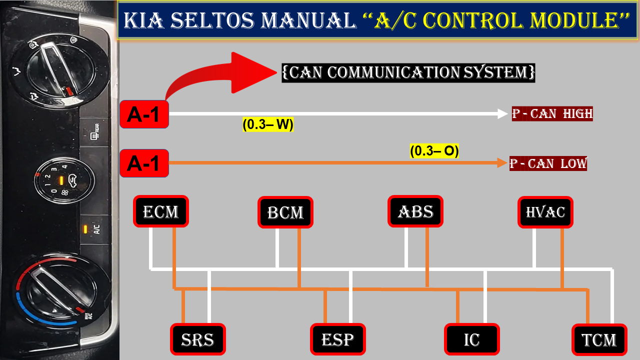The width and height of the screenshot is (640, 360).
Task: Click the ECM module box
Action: pyautogui.click(x=161, y=211)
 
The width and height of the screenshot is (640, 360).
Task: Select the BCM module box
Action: pyautogui.click(x=285, y=212)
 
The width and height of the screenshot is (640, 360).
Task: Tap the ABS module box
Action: pyautogui.click(x=415, y=211)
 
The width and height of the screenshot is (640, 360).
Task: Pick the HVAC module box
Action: pyautogui.click(x=545, y=211)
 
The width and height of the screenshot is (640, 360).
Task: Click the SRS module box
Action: pyautogui.click(x=198, y=339)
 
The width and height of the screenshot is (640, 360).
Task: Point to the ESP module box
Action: pyautogui.click(x=338, y=339)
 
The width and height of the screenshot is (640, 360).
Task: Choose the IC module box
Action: pyautogui.click(x=472, y=339)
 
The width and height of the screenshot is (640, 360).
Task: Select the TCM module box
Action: pyautogui.click(x=599, y=340)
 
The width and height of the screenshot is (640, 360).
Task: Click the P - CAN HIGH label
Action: pyautogui.click(x=552, y=113)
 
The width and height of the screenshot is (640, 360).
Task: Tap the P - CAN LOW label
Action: pyautogui.click(x=548, y=163)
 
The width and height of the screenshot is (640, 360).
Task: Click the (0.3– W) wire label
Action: pyautogui.click(x=267, y=125)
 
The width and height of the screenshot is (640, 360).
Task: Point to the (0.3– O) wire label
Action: pyautogui.click(x=434, y=150)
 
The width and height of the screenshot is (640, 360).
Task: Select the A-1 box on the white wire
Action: pyautogui.click(x=144, y=114)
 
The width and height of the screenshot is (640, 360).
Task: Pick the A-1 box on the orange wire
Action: pyautogui.click(x=144, y=163)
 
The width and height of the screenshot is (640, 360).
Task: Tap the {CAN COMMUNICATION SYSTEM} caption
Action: pyautogui.click(x=408, y=72)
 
